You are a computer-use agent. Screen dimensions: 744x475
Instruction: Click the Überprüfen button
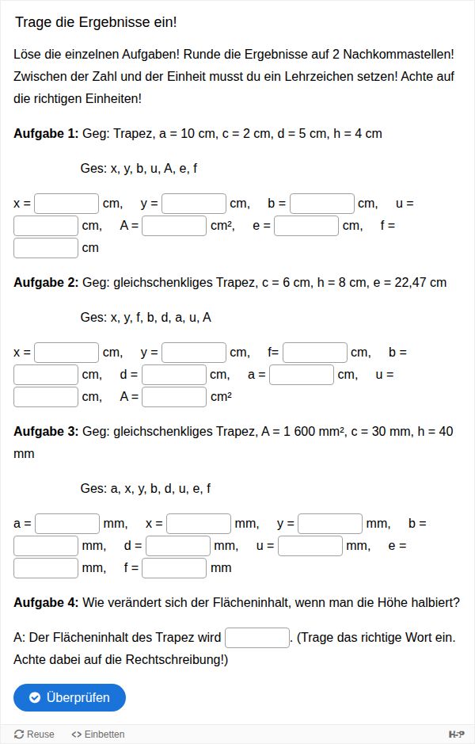[70, 697]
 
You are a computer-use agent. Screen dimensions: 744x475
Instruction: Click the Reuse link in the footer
[35, 734]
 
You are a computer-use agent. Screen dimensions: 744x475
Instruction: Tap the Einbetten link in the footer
[98, 734]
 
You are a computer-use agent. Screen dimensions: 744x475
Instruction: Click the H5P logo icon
[456, 734]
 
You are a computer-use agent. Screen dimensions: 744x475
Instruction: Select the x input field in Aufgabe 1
[66, 204]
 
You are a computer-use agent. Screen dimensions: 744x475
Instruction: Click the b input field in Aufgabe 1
[321, 204]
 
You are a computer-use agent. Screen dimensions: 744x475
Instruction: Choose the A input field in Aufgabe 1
[174, 226]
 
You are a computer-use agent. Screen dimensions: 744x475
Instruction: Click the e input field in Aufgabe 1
[306, 226]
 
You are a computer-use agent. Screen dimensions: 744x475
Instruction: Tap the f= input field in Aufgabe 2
[315, 353]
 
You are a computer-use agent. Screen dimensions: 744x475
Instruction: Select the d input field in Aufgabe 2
[174, 375]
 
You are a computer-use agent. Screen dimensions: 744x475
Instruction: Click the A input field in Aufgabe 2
[174, 397]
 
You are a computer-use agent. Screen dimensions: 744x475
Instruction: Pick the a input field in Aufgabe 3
[67, 524]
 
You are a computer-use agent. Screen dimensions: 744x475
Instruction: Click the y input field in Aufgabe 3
[330, 524]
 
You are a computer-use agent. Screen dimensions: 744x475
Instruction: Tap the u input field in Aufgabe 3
[310, 546]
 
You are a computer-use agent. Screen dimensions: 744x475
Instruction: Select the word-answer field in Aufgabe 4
[257, 638]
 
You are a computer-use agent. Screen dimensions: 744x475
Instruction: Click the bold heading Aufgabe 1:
[46, 133]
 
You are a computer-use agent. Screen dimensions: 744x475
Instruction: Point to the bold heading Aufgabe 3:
[46, 432]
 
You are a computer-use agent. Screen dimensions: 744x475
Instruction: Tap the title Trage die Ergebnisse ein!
[96, 22]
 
